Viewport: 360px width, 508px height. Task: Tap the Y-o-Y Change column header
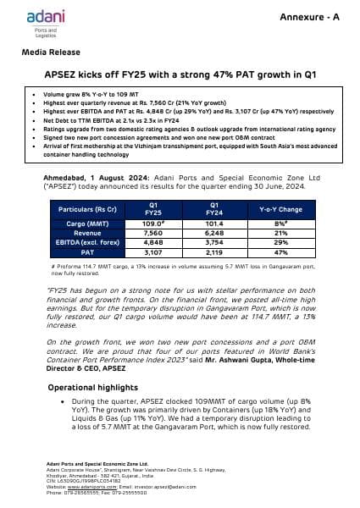coord(279,207)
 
